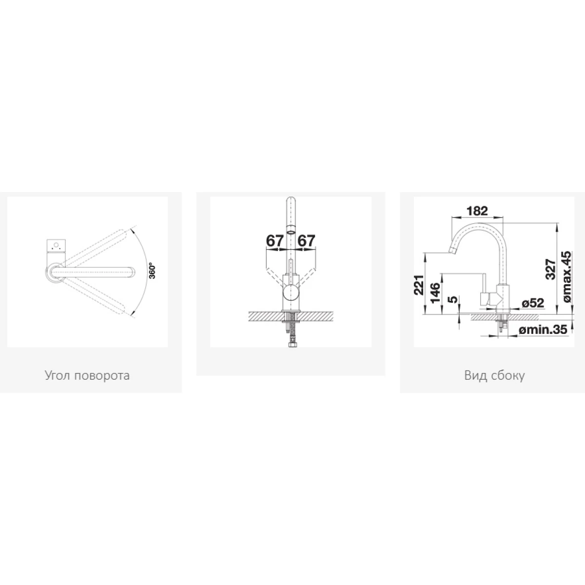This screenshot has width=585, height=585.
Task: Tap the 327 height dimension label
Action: pyautogui.click(x=550, y=269)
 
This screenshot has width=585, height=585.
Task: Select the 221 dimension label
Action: pyautogui.click(x=419, y=285)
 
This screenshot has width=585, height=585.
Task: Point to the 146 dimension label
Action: pyautogui.click(x=435, y=292)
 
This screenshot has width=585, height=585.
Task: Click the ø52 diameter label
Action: pyautogui.click(x=533, y=303)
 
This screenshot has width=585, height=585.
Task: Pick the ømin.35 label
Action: pyautogui.click(x=543, y=329)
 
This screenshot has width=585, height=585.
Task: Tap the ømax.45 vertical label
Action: pyautogui.click(x=566, y=276)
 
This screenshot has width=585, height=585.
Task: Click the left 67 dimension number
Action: pyautogui.click(x=275, y=241)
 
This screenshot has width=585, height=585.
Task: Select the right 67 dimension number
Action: pyautogui.click(x=307, y=241)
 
